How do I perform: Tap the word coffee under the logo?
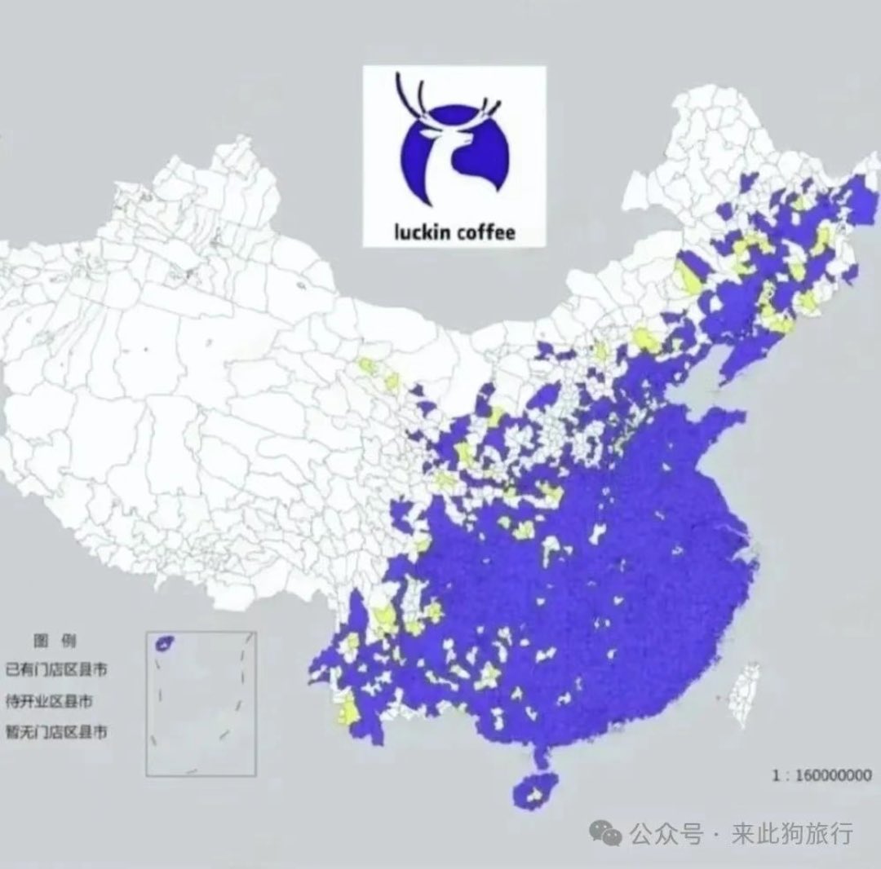[x=486, y=232]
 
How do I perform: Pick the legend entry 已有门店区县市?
[x=56, y=670]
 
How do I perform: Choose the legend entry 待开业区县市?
[x=56, y=701]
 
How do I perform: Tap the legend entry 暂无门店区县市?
[x=56, y=732]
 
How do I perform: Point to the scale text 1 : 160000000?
[x=821, y=775]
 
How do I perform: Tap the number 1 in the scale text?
[x=775, y=775]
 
